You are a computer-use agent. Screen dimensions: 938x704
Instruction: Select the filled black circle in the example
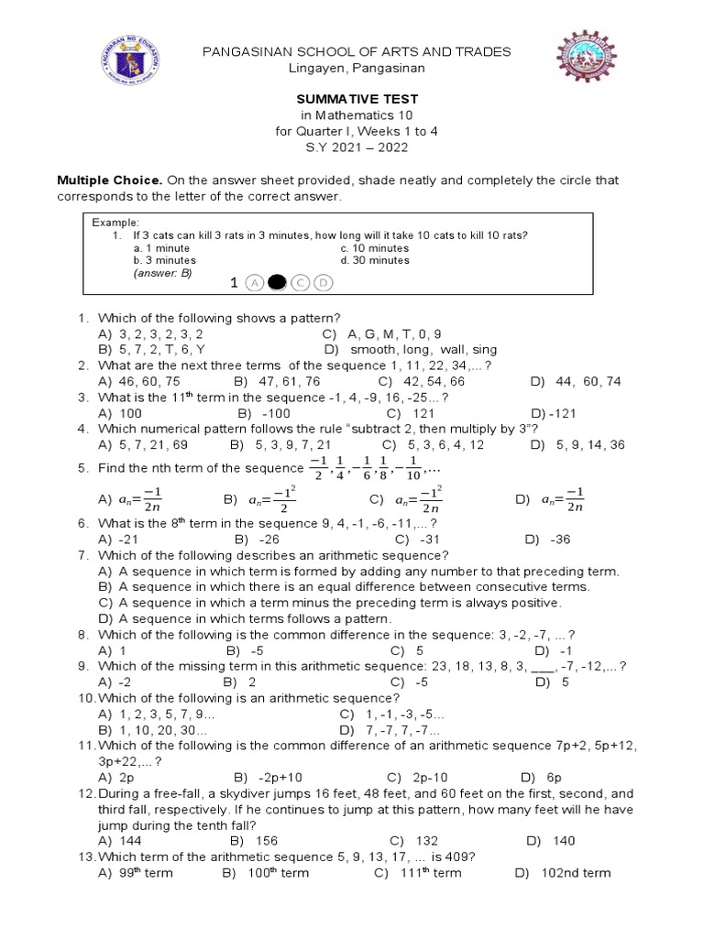pyautogui.click(x=276, y=284)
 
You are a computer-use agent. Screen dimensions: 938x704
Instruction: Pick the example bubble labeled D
pyautogui.click(x=322, y=284)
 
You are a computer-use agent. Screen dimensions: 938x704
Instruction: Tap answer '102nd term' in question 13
pyautogui.click(x=575, y=873)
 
